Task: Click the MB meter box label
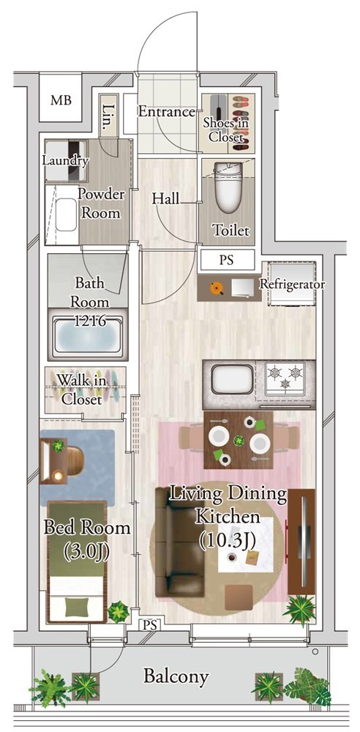pyautogui.click(x=61, y=100)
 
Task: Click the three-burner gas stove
pyautogui.click(x=285, y=378)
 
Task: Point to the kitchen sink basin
pyautogui.click(x=233, y=378)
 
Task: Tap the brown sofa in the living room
pyautogui.click(x=180, y=542)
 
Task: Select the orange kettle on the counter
pyautogui.click(x=216, y=288)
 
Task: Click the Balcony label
pyautogui.click(x=176, y=676)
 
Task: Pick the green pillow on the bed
pyautogui.click(x=75, y=608)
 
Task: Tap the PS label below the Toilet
pyautogui.click(x=226, y=260)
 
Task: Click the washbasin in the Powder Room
pyautogui.click(x=67, y=214)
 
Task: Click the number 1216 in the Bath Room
pyautogui.click(x=89, y=321)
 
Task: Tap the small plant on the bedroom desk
pyautogui.click(x=58, y=446)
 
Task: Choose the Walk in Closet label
pyautogui.click(x=82, y=390)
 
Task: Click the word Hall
pyautogui.click(x=166, y=199)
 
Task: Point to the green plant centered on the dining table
pyautogui.click(x=239, y=440)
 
